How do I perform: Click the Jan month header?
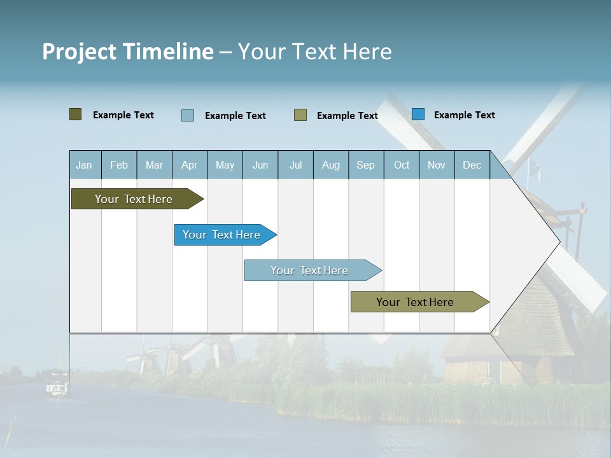tap(85, 165)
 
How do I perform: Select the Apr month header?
tap(190, 165)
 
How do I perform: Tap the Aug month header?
tap(331, 165)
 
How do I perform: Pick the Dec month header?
tap(472, 165)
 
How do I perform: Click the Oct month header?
tap(402, 165)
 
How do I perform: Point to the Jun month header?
tap(260, 165)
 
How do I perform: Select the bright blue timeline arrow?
tap(223, 235)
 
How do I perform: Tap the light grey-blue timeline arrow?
tap(311, 270)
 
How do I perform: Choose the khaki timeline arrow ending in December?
tap(417, 302)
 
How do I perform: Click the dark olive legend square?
tap(76, 114)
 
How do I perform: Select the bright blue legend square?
tap(418, 114)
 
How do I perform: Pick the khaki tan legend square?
tap(300, 115)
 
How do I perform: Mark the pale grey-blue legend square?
tap(188, 115)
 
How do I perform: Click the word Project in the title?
tap(79, 52)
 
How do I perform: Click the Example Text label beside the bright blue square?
tap(464, 115)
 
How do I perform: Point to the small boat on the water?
tap(57, 387)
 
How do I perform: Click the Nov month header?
tap(437, 165)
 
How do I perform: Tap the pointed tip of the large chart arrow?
tap(558, 242)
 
